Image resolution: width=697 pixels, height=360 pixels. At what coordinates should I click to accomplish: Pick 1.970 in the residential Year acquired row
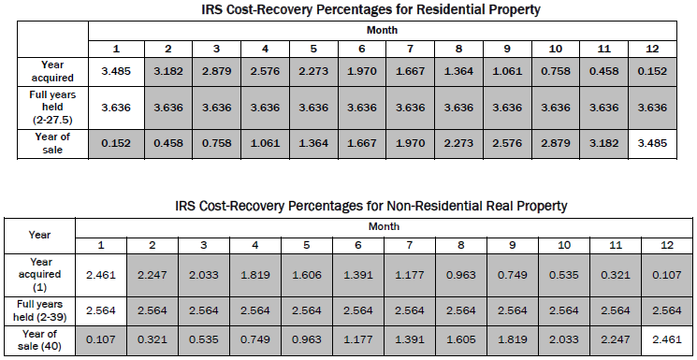362,69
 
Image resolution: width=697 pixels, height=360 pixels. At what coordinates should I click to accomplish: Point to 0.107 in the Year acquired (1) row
666,275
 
